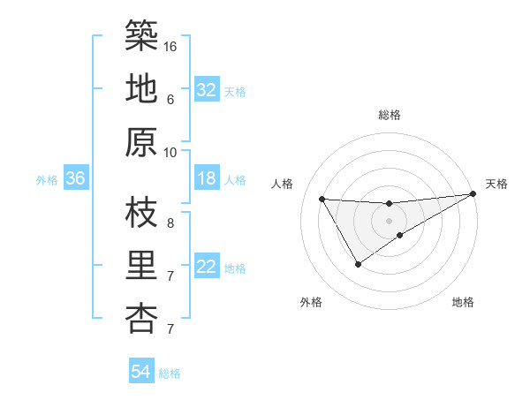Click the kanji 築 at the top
142,35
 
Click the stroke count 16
170,46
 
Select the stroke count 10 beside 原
170,152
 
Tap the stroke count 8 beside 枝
170,223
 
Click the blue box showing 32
207,90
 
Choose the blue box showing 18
207,179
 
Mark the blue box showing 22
207,268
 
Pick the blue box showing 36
76,179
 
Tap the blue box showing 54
141,373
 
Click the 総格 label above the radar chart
390,115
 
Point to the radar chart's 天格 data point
473,194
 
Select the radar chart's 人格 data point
322,199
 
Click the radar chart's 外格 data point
358,263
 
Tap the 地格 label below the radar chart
463,302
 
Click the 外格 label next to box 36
47,180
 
